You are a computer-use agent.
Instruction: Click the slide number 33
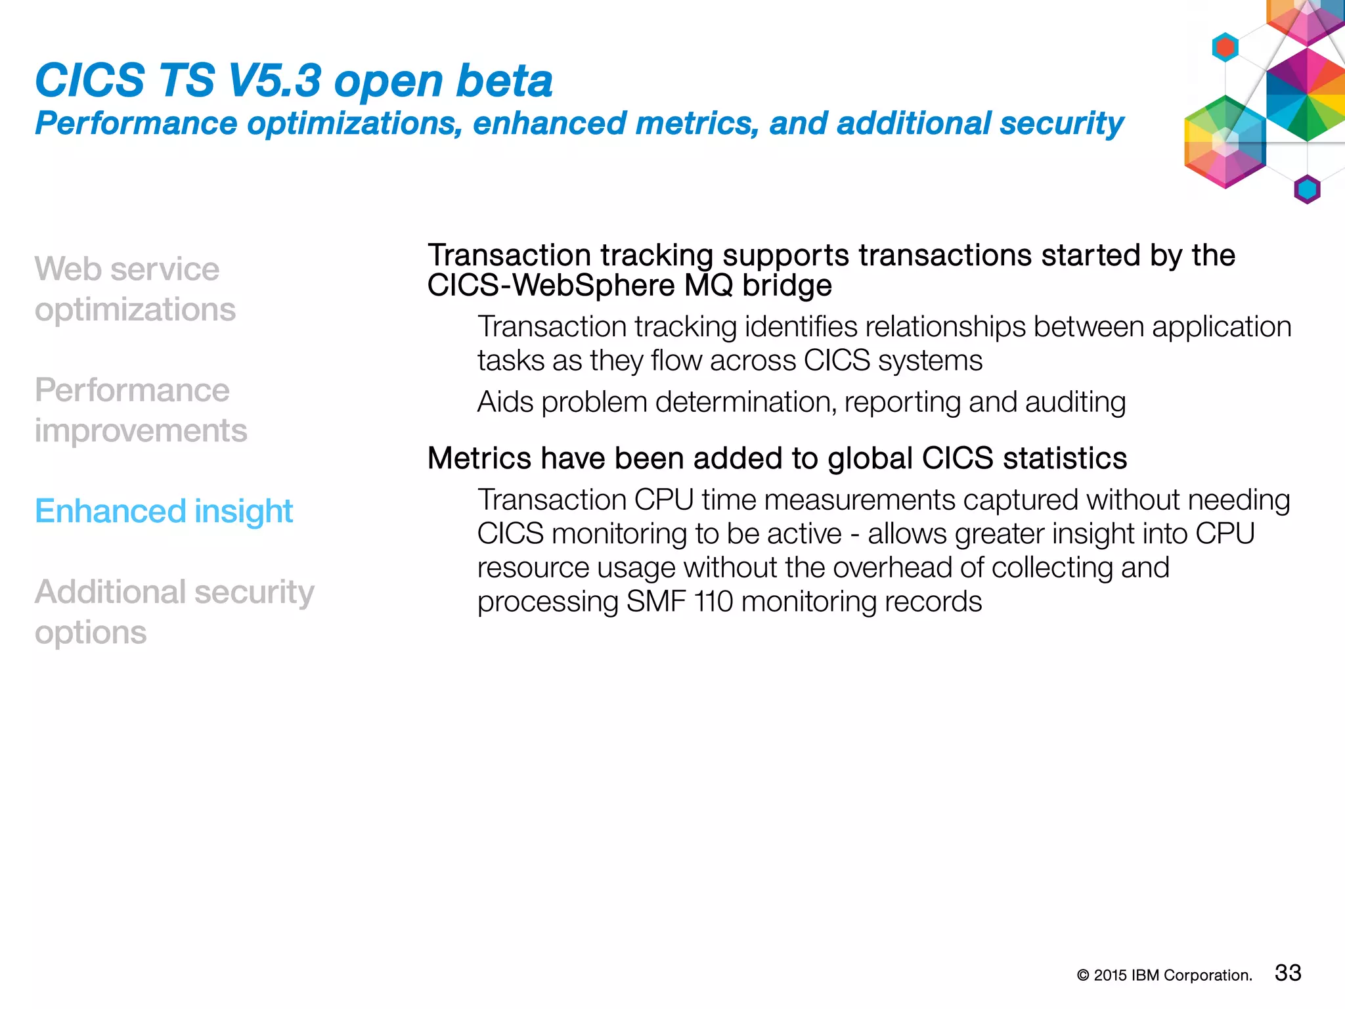tap(1287, 973)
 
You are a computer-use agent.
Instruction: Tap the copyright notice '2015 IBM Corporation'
tap(1172, 975)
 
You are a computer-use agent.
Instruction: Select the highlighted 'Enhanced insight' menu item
tap(164, 511)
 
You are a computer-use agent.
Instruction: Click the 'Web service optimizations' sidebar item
tap(135, 289)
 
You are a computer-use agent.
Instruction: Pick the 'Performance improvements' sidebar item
tap(141, 411)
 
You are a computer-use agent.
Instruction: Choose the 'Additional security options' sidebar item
tap(174, 612)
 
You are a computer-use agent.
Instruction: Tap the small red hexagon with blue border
tap(1225, 47)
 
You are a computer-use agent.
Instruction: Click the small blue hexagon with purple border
tap(1307, 190)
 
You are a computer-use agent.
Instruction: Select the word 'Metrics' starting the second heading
tap(479, 459)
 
